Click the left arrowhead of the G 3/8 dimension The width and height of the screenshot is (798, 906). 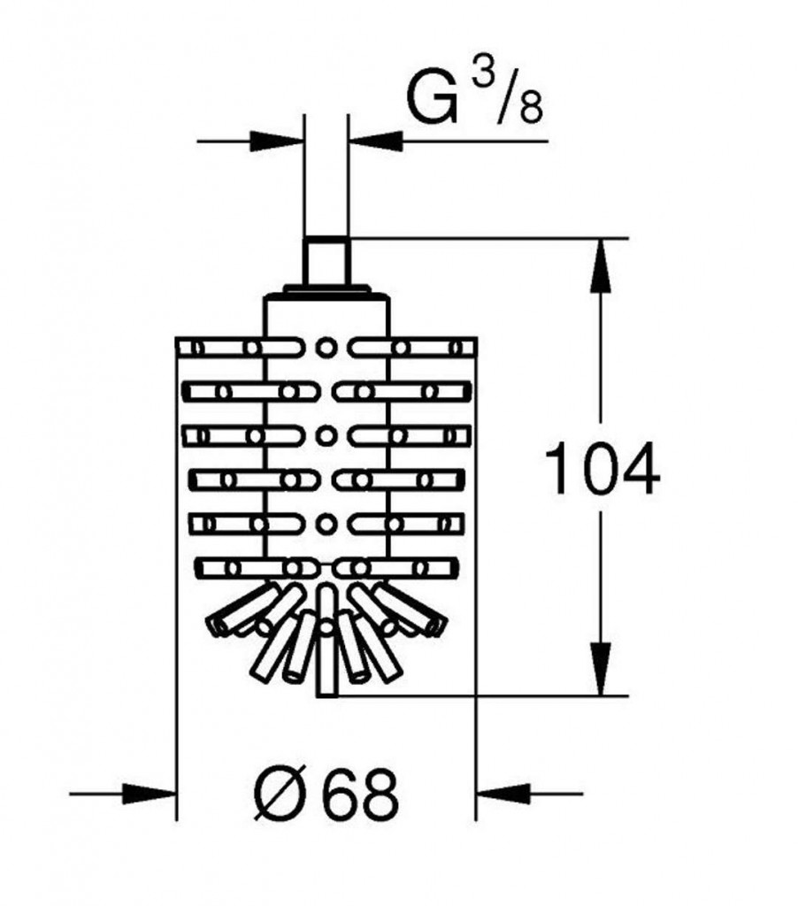[x=278, y=140]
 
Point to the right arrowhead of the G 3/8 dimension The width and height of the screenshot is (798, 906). [x=375, y=140]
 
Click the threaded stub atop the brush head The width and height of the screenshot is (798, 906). [x=326, y=260]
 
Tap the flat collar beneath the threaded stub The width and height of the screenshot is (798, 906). [x=326, y=289]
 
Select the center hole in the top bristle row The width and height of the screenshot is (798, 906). [x=326, y=346]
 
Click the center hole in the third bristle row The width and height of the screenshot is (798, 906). [x=326, y=435]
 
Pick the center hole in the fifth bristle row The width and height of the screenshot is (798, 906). [x=326, y=523]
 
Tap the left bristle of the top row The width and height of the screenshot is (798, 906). [x=221, y=348]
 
